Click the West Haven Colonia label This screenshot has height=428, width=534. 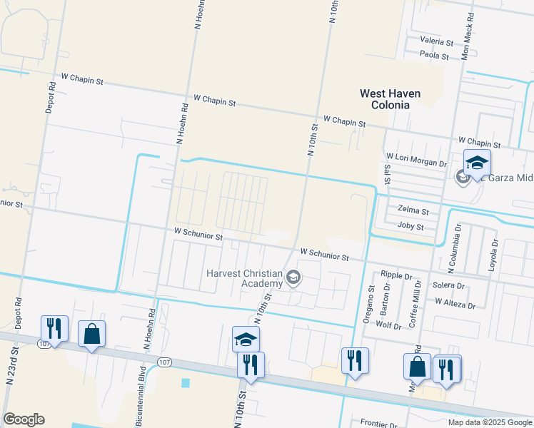pos(390,99)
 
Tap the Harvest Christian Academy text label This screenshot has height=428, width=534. pos(244,277)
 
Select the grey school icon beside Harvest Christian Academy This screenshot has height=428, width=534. pos(293,277)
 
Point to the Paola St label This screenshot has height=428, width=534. pos(434,55)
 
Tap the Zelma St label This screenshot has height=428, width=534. pos(414,212)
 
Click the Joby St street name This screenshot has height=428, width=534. pos(410,227)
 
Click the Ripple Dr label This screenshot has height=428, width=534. pos(396,275)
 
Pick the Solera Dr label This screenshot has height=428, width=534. pos(448,285)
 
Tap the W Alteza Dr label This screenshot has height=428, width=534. pos(455,305)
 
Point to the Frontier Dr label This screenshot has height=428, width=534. pos(378,422)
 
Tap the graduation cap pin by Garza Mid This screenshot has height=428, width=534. pos(477,163)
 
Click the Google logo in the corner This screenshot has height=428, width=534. pos(24,419)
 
